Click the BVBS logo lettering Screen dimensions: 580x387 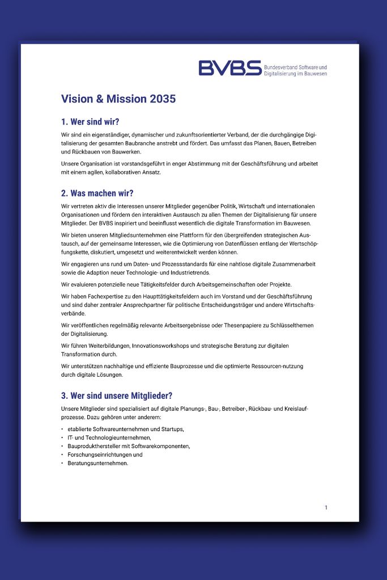point(229,68)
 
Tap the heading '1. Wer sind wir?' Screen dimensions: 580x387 point(90,122)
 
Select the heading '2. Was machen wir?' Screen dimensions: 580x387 point(97,193)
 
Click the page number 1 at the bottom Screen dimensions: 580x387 point(326,507)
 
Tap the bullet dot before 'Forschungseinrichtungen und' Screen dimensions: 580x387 point(62,455)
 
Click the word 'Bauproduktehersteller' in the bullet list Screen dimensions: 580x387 point(96,446)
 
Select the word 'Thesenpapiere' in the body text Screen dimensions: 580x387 point(233,325)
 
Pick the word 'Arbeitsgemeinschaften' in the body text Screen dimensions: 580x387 point(211,284)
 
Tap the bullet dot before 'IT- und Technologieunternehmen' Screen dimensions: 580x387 point(62,438)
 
